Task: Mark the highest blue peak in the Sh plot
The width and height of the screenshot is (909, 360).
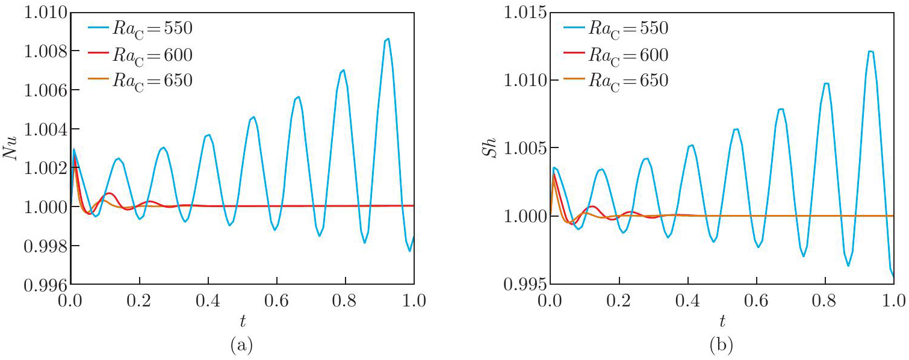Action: tap(870, 51)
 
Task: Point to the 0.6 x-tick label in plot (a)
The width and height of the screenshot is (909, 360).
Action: tap(276, 300)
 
